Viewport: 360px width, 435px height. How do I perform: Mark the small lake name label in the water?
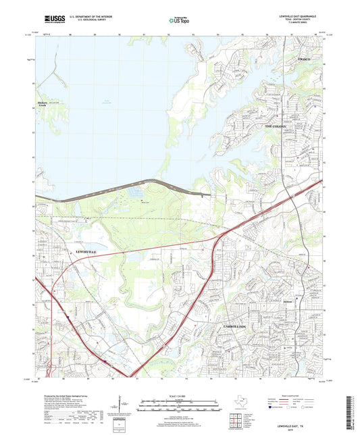click(107, 102)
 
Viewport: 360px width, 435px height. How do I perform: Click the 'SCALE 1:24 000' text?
click(180, 396)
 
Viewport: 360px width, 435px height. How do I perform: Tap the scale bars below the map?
click(180, 405)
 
